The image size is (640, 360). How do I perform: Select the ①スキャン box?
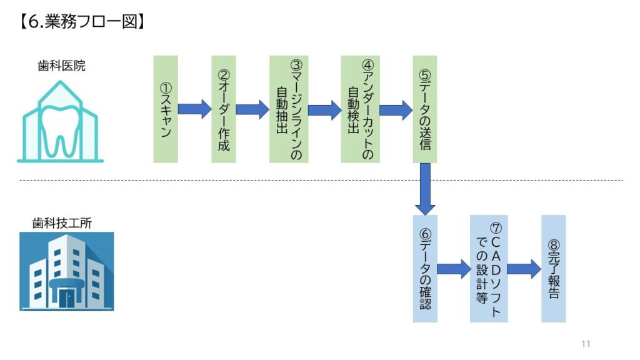coord(166,109)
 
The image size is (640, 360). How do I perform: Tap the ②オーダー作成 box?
coord(224,109)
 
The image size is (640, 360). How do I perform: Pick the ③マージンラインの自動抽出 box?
coord(289,109)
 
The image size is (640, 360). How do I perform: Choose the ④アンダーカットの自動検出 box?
coord(361,109)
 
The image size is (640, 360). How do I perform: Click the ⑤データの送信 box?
coord(425,109)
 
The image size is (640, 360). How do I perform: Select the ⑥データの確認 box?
coord(425,269)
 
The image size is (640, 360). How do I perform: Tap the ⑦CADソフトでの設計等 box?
coord(489,269)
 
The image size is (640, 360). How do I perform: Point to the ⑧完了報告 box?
coord(554,269)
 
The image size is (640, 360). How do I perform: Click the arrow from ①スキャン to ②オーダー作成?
coord(194,109)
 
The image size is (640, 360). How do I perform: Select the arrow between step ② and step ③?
coord(252,109)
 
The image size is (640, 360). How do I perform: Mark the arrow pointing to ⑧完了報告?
coord(524,269)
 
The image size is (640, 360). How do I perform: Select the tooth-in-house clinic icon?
coord(61,122)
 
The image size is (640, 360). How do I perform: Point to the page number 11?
coord(586,344)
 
